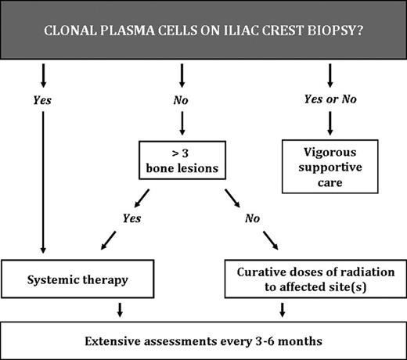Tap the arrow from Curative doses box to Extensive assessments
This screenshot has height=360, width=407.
(283, 309)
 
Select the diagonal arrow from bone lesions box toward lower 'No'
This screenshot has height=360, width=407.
(233, 197)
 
